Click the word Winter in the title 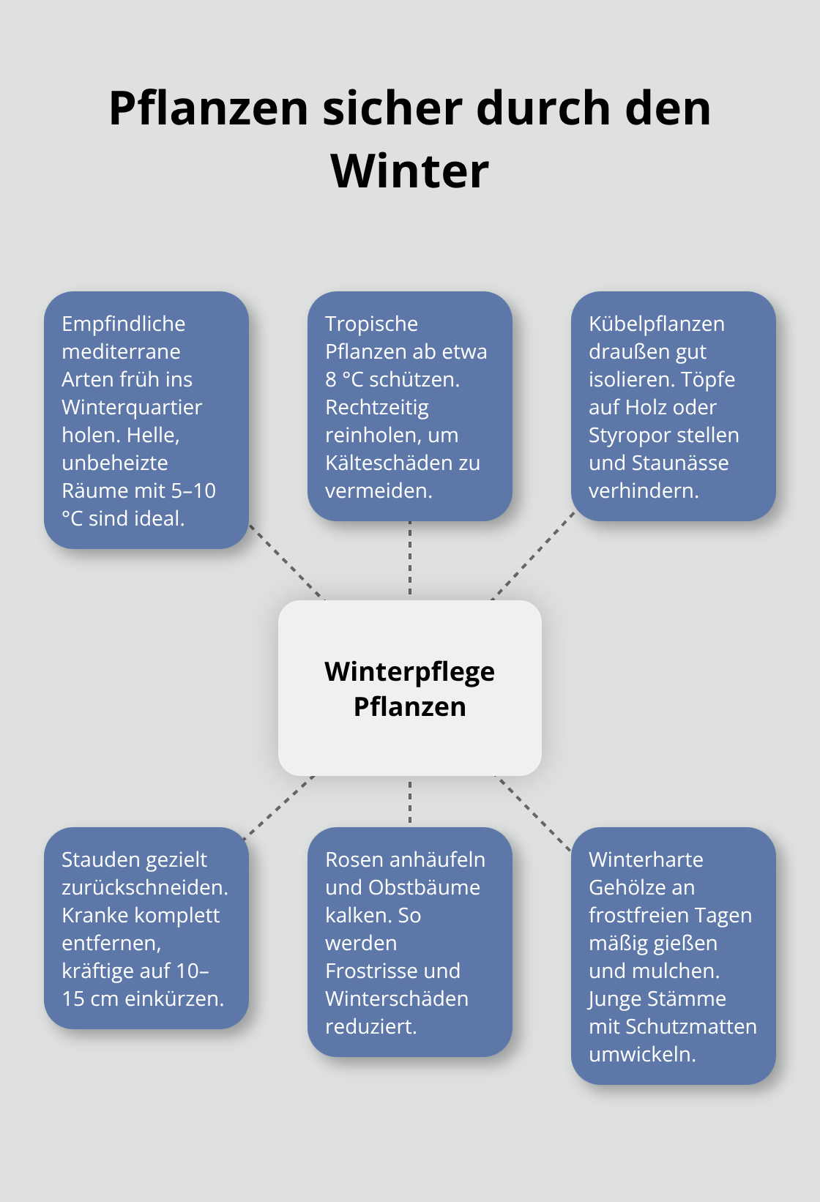pyautogui.click(x=409, y=171)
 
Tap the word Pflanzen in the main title pyautogui.click(x=209, y=108)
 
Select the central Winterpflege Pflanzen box pyautogui.click(x=409, y=688)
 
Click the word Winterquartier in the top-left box pyautogui.click(x=132, y=407)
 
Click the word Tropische pyautogui.click(x=371, y=324)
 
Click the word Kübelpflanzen pyautogui.click(x=656, y=324)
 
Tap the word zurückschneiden pyautogui.click(x=144, y=887)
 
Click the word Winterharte pyautogui.click(x=646, y=859)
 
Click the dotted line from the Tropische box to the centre pyautogui.click(x=410, y=558)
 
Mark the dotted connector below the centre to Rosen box pyautogui.click(x=410, y=802)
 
